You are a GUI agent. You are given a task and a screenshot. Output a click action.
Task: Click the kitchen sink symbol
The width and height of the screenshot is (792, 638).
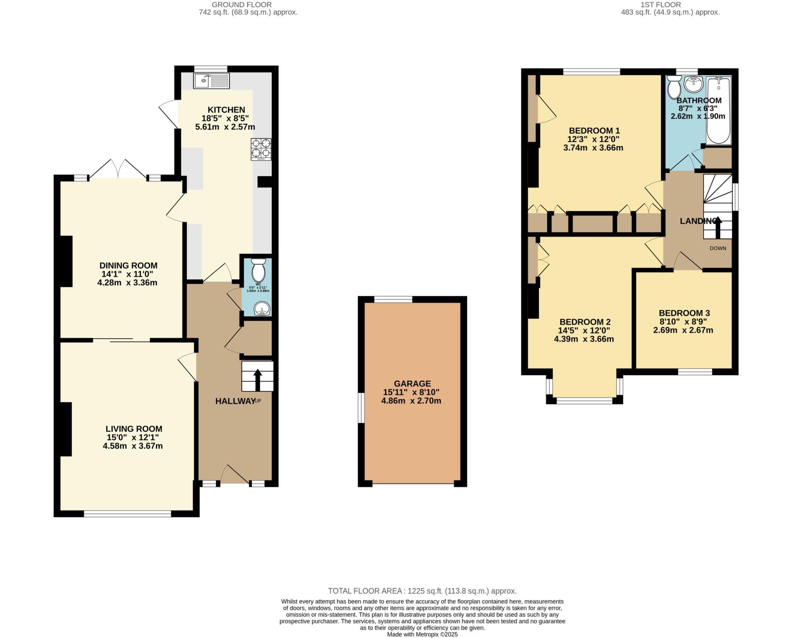(x=211, y=81)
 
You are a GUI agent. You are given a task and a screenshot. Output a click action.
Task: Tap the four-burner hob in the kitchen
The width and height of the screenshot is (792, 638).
(x=261, y=149)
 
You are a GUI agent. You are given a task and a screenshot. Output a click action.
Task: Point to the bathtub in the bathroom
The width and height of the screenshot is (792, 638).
(x=719, y=111)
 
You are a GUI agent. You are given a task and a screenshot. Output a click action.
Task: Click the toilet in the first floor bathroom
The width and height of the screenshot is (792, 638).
(x=675, y=87)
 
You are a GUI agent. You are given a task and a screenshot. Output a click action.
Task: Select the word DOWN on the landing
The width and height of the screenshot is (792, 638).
(x=718, y=248)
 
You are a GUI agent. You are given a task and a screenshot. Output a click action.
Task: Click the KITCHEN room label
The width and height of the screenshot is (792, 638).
(x=226, y=110)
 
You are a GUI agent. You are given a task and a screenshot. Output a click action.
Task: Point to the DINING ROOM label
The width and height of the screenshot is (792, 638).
(x=128, y=265)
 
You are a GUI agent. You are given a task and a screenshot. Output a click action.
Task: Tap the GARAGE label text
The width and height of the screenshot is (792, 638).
(x=412, y=383)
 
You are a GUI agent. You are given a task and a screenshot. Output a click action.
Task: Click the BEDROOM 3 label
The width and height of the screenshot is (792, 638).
(x=684, y=313)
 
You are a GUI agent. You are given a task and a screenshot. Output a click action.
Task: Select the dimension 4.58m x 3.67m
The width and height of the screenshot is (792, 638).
(x=133, y=446)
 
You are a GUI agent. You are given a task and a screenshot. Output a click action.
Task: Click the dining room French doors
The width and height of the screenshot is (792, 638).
(x=118, y=169)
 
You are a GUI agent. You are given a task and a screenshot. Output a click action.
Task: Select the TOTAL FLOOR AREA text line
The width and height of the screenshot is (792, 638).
(x=422, y=591)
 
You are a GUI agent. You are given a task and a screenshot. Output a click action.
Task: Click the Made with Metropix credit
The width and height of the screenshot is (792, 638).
(x=422, y=635)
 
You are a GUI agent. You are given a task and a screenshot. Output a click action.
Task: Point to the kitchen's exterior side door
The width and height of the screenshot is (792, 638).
(x=169, y=114)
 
